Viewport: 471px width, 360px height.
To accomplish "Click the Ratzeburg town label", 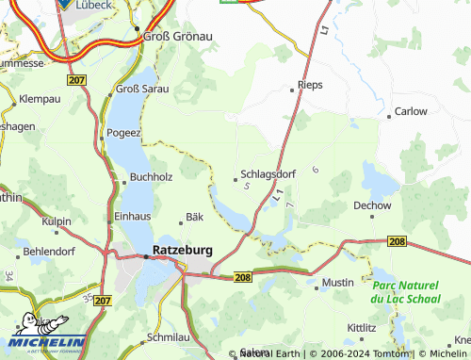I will [x=182, y=252].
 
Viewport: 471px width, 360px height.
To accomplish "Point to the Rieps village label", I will [x=310, y=85].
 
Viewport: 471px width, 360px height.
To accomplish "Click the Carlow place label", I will [x=411, y=111].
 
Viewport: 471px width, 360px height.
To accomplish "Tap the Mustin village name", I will [x=337, y=282].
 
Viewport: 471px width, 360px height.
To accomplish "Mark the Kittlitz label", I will [x=362, y=327].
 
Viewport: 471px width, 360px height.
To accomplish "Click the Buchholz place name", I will [x=152, y=176].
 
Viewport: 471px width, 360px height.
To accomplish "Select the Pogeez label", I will [x=123, y=134].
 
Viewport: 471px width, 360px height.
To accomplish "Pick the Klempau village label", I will [x=40, y=98].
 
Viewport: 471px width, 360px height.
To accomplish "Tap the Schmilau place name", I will [x=170, y=336].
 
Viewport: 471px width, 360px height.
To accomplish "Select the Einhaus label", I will [x=132, y=216].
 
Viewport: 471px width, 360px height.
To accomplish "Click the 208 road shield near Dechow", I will [x=397, y=242].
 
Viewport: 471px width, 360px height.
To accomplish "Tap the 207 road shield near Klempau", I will [x=77, y=82].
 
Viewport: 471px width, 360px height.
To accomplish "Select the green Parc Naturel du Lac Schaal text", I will [x=405, y=291].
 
